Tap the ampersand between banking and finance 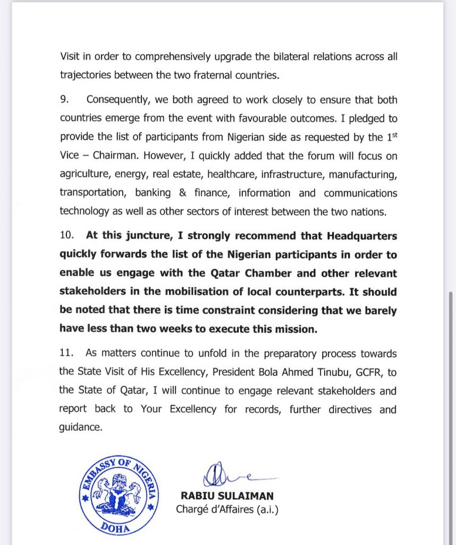[182, 193]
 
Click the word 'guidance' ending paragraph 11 [80, 427]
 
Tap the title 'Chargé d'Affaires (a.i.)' [227, 509]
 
